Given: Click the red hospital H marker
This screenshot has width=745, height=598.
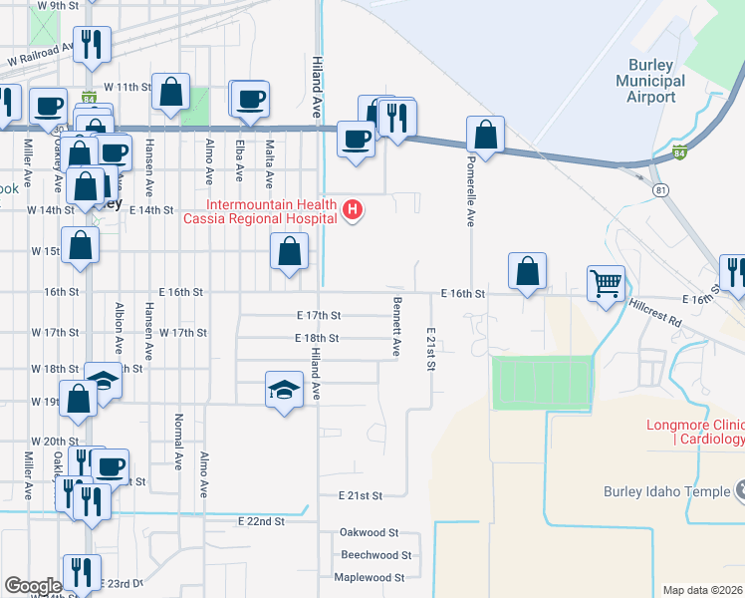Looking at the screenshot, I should [x=352, y=210].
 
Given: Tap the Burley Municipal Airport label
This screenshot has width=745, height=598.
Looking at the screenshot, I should [x=650, y=81].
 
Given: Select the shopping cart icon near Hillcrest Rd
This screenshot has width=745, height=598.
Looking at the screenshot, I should [x=606, y=284].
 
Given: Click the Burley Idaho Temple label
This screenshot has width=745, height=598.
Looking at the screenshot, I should [x=660, y=490].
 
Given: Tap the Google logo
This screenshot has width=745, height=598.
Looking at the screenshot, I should [x=33, y=585].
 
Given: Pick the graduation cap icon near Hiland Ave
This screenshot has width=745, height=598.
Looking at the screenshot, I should [x=284, y=389].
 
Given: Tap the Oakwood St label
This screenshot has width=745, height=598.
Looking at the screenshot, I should [x=369, y=533].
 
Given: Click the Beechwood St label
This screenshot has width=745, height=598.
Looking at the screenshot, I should [x=375, y=555].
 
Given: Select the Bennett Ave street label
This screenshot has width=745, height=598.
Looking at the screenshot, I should [x=396, y=326].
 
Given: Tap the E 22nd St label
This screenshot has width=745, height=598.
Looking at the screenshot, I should [x=261, y=521].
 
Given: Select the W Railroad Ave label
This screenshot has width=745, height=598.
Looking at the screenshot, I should [x=40, y=54].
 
